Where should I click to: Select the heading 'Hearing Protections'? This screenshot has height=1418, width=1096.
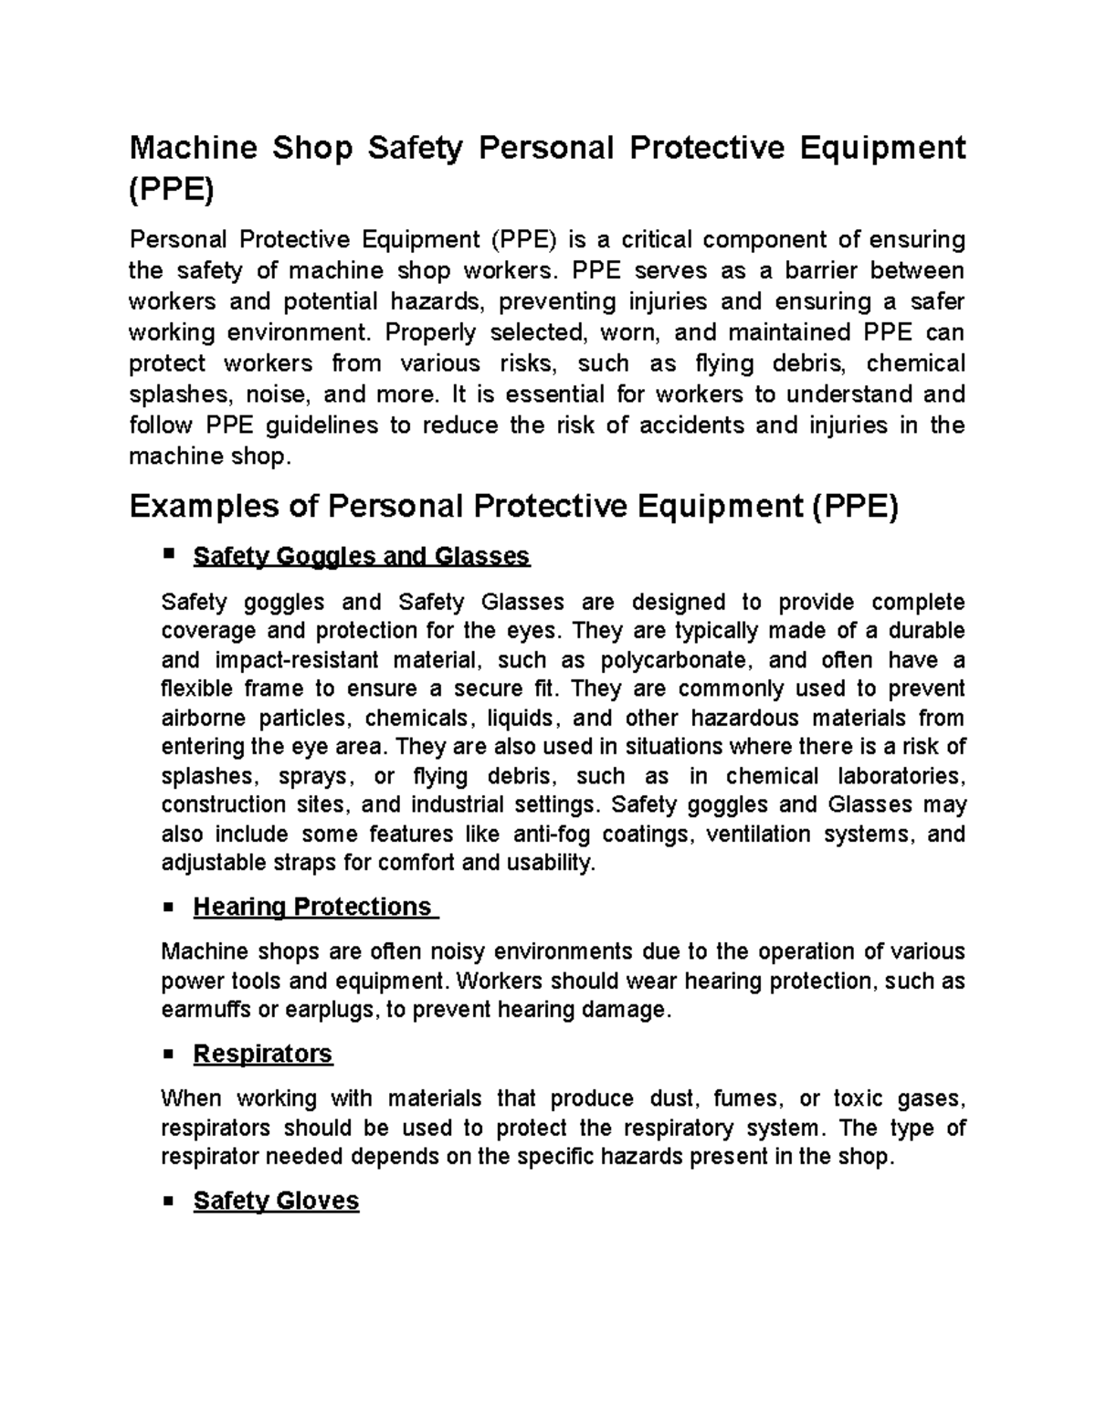(311, 907)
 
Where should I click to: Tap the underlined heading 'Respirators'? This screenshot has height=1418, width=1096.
(263, 1054)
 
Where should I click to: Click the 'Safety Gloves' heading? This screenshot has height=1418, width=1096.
(276, 1201)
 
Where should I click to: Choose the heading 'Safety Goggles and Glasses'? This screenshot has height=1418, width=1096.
(362, 556)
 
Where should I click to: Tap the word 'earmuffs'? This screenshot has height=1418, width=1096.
(203, 1011)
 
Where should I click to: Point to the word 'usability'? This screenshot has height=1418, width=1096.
(553, 863)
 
